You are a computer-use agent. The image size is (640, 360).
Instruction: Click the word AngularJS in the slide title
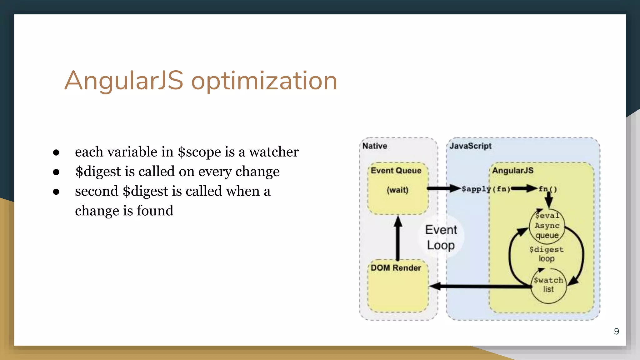pyautogui.click(x=124, y=81)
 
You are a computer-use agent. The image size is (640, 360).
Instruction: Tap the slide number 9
pyautogui.click(x=616, y=331)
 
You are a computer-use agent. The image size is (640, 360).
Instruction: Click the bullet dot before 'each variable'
pyautogui.click(x=56, y=152)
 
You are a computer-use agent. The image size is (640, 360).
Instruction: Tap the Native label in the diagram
pyautogui.click(x=374, y=146)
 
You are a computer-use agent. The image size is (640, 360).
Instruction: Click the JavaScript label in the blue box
pyautogui.click(x=470, y=146)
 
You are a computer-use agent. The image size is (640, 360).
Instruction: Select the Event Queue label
pyautogui.click(x=396, y=171)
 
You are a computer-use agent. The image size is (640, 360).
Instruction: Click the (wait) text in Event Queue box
pyautogui.click(x=397, y=190)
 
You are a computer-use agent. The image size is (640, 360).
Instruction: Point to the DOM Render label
pyautogui.click(x=396, y=268)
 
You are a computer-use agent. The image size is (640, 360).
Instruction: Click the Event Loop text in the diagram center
pyautogui.click(x=441, y=237)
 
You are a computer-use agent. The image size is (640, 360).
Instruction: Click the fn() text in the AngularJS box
pyautogui.click(x=547, y=189)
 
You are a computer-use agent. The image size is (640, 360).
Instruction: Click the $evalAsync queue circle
pyautogui.click(x=547, y=226)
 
